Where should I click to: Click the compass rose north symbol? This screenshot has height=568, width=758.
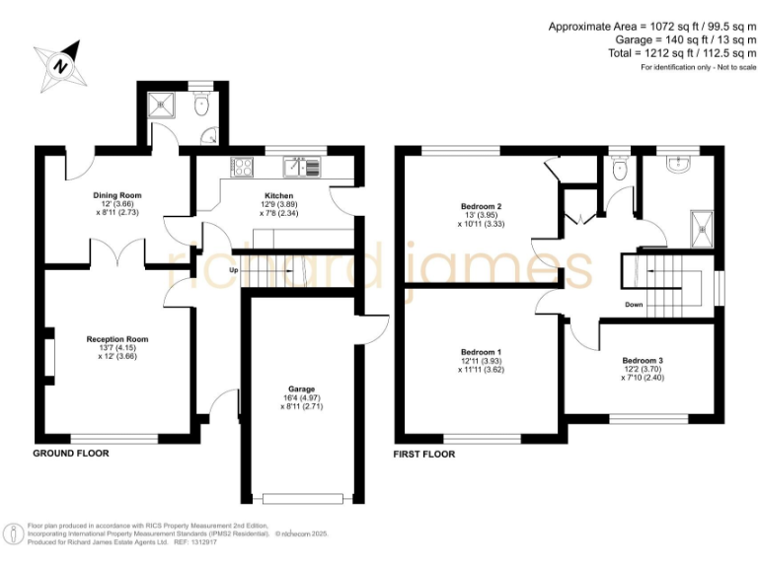(x=62, y=65)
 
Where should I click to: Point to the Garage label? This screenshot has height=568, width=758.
(x=301, y=389)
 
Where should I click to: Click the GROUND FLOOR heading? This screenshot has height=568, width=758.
(x=71, y=454)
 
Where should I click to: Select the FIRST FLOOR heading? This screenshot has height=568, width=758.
(x=424, y=455)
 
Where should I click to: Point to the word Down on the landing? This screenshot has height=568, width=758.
(x=634, y=305)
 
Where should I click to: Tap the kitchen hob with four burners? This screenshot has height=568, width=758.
(x=242, y=166)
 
